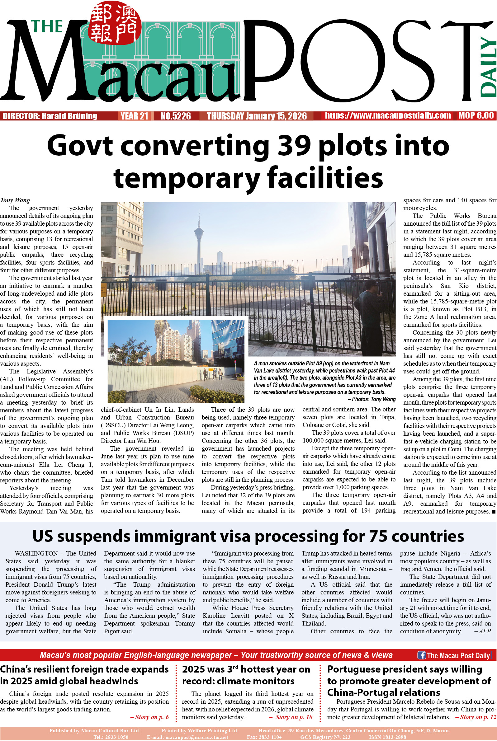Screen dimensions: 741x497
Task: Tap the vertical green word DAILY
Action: click(x=489, y=67)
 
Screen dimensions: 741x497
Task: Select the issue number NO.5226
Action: click(x=176, y=116)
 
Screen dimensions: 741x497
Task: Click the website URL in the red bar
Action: click(x=388, y=116)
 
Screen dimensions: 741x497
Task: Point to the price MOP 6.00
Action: click(x=476, y=116)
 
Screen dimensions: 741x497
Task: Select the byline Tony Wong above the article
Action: click(x=15, y=200)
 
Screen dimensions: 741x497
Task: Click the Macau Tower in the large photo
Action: click(x=199, y=241)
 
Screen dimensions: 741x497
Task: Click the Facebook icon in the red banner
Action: click(x=421, y=655)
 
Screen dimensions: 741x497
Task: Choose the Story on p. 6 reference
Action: click(x=150, y=717)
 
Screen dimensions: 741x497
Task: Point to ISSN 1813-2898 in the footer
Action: click(x=387, y=737)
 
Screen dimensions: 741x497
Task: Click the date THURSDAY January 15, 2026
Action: click(x=257, y=116)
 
